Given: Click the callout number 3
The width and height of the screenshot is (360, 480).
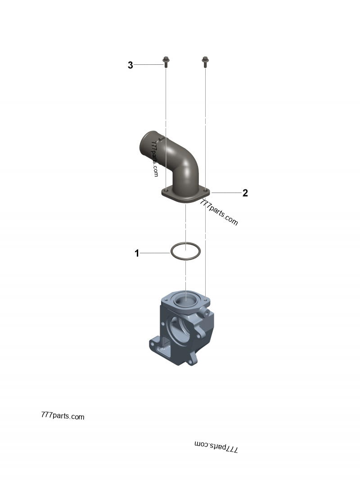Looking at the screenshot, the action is pos(130,65).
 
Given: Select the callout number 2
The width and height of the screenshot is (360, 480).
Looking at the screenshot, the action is pos(245,193).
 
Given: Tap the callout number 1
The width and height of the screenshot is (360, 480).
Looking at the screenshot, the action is pos(137,253).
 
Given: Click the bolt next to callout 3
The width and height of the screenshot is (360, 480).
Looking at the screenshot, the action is pos(166,62).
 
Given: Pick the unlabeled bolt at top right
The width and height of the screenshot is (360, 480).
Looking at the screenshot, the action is pos(205,62).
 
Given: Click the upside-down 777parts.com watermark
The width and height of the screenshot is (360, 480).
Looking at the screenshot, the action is pos(216,448).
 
